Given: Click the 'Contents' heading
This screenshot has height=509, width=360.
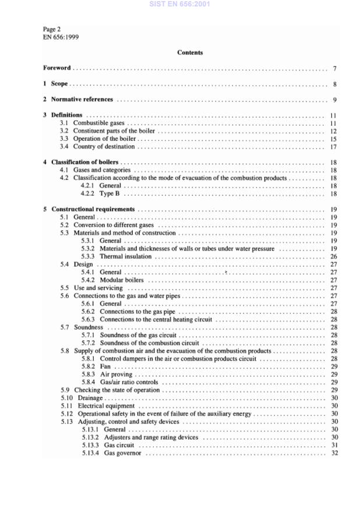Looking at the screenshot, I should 190,52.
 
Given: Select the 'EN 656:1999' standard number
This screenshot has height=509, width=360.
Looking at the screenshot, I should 61,36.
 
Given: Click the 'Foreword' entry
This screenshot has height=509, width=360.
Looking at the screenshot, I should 57,68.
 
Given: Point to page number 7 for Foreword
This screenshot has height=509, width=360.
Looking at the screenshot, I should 335,69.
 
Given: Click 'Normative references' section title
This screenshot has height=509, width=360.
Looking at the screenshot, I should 82,100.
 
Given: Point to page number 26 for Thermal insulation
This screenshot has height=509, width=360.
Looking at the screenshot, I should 334,256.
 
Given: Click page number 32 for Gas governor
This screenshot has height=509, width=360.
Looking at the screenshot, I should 334,453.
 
